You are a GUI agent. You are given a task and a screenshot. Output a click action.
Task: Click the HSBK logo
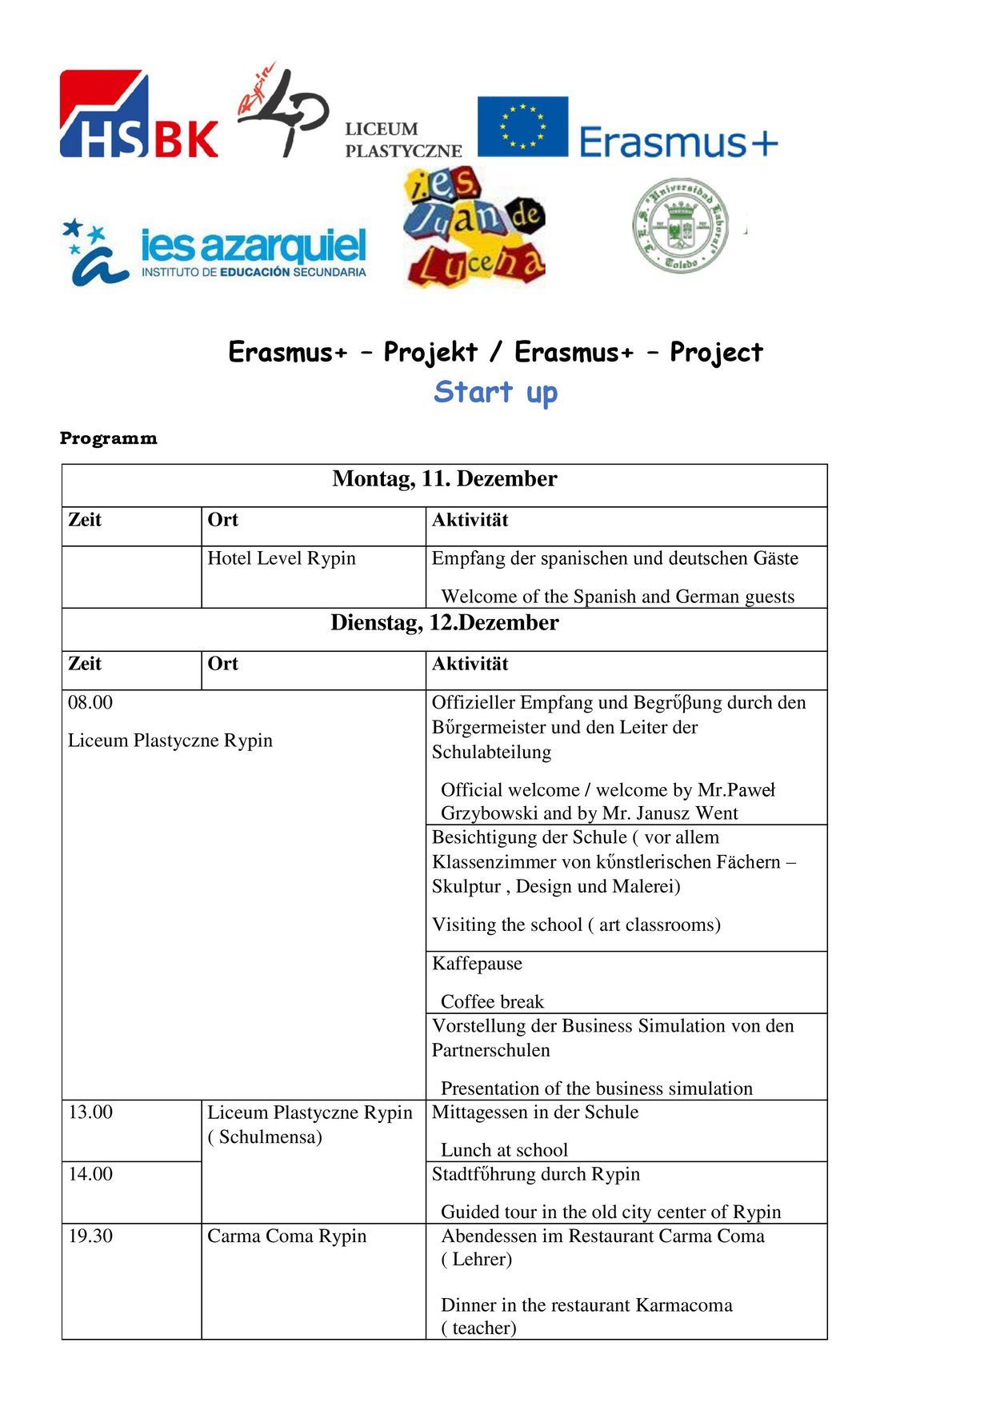139,114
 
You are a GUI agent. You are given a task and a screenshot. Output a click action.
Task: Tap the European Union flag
522,126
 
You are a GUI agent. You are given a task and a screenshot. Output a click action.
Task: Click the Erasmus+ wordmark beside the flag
678,142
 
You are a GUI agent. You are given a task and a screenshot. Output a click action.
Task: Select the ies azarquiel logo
214,253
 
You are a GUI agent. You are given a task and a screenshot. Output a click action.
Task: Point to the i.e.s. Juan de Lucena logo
475,229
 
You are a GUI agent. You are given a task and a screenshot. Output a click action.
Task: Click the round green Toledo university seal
681,226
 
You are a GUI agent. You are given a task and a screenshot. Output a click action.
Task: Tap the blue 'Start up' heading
495,392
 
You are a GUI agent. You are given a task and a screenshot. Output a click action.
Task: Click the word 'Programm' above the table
109,438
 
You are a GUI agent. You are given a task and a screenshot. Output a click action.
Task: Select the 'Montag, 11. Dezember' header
445,479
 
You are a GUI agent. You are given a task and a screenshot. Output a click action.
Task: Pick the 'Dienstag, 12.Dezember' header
445,623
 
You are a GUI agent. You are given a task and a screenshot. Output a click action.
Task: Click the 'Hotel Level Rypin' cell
282,558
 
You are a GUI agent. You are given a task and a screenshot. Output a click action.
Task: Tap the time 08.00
90,702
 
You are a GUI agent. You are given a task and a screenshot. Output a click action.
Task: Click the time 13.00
90,1112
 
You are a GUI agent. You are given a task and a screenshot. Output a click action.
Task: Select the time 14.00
90,1174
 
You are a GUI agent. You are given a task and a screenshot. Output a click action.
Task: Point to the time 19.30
90,1236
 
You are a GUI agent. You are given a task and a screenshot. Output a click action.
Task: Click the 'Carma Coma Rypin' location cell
287,1236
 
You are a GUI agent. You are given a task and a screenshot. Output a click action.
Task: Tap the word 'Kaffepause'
477,964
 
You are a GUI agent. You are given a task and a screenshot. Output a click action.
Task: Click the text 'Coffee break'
492,1002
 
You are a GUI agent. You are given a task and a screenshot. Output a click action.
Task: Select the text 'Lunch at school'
504,1150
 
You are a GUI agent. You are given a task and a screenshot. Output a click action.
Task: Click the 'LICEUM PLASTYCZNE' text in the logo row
403,140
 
